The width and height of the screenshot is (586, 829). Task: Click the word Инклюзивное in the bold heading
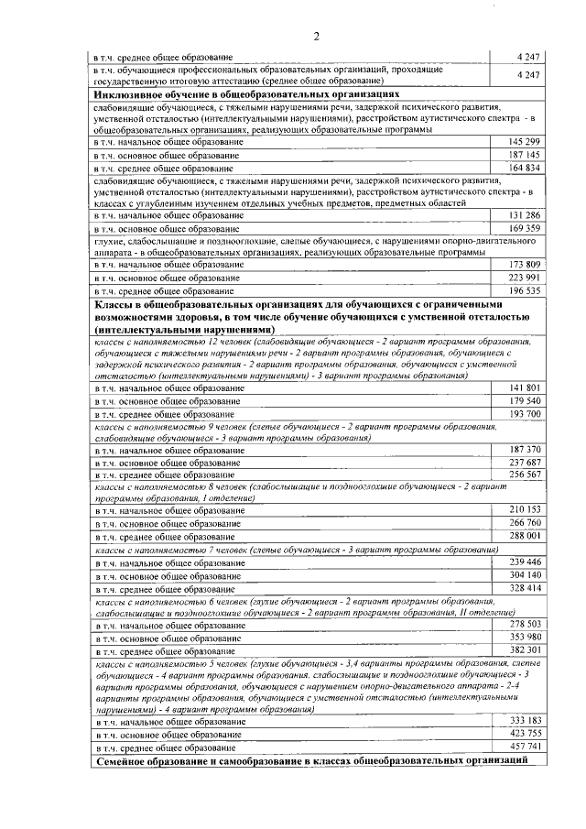click(128, 94)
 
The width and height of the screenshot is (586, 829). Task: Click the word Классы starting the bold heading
click(116, 304)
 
